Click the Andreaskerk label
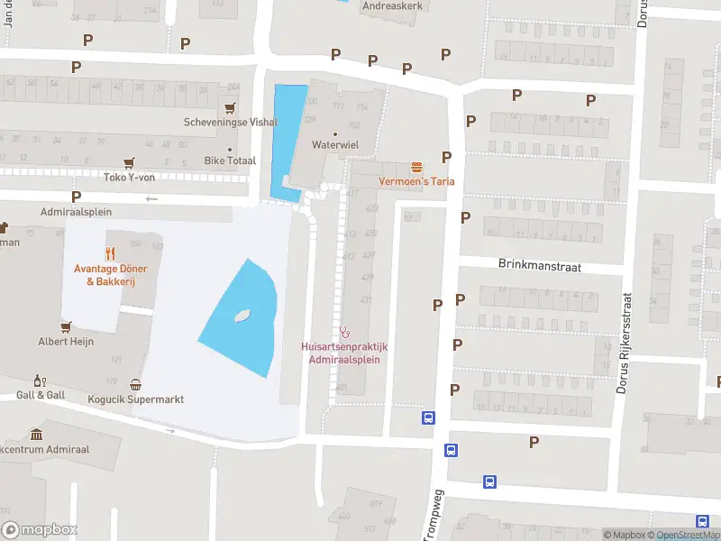(x=392, y=5)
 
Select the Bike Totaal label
(x=230, y=160)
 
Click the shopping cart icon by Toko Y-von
(x=130, y=162)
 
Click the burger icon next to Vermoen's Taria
(x=416, y=167)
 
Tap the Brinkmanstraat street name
(x=540, y=266)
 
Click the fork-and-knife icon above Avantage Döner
(x=110, y=253)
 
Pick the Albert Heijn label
(x=66, y=342)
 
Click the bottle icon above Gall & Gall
(x=39, y=381)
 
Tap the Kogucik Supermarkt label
(x=136, y=399)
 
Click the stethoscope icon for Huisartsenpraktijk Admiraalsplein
(x=343, y=331)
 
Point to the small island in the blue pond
(x=242, y=316)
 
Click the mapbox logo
(x=40, y=530)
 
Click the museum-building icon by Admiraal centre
(x=36, y=435)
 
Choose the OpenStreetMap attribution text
(x=688, y=536)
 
